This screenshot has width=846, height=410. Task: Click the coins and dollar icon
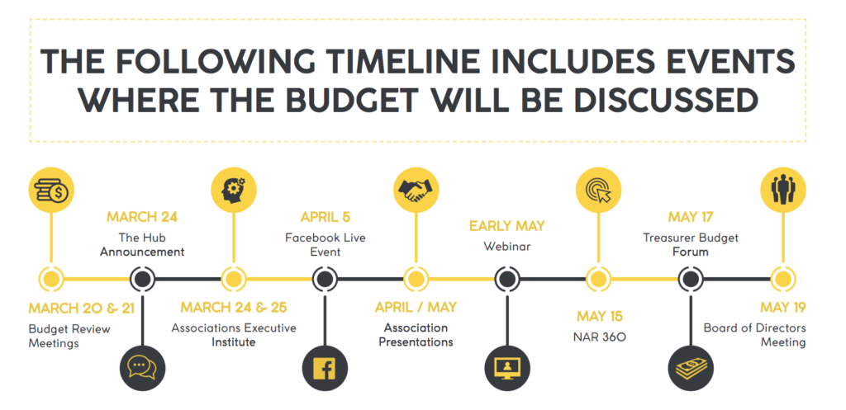(51, 190)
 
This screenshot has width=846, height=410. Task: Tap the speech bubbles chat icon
(142, 369)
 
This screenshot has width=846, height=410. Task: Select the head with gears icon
(233, 190)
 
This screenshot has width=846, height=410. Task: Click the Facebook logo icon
(324, 369)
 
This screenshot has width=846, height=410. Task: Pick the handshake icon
(416, 190)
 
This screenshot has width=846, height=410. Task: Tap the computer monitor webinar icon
(506, 369)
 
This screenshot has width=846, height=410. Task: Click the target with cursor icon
(598, 190)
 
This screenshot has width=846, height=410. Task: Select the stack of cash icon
(691, 369)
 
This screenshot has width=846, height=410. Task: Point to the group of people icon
(783, 190)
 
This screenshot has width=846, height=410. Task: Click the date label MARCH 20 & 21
(82, 309)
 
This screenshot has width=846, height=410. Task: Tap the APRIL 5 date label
(326, 217)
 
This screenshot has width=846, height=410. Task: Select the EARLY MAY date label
(506, 226)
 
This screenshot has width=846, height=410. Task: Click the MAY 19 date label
(783, 308)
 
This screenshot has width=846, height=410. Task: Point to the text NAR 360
(599, 337)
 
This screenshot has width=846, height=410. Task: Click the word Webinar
(506, 247)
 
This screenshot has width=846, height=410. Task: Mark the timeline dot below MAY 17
(691, 279)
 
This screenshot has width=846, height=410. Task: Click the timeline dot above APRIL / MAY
(416, 279)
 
